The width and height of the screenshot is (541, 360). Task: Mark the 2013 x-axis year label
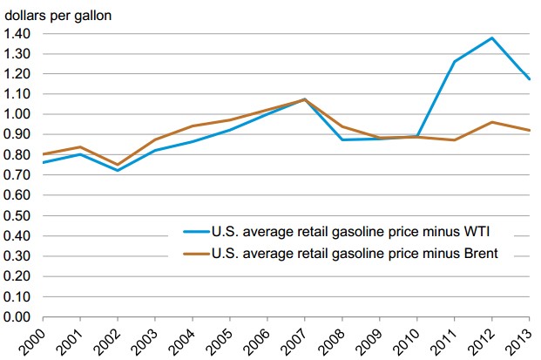click(x=530, y=337)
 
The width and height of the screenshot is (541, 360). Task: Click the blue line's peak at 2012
click(x=492, y=37)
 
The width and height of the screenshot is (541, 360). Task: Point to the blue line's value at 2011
click(x=454, y=61)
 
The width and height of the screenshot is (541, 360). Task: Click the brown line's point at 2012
click(x=492, y=122)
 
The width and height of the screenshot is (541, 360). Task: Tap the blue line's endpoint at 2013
click(x=530, y=79)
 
